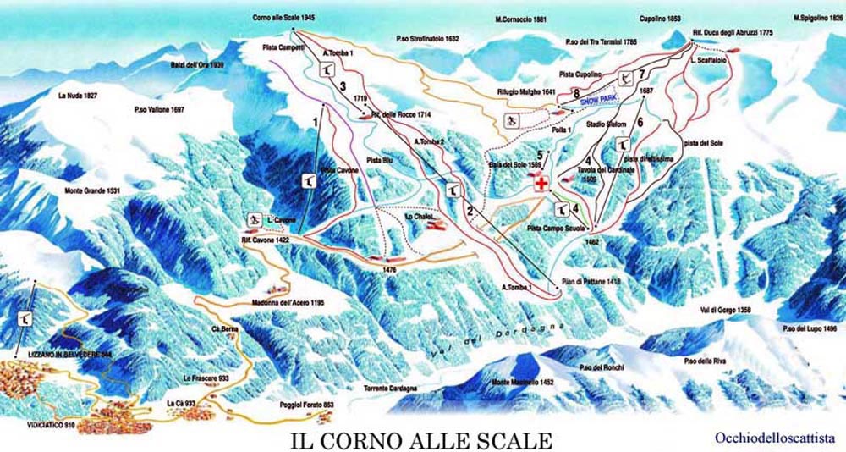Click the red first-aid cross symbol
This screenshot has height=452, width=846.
click(538, 182)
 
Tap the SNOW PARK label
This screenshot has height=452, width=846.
click(599, 99)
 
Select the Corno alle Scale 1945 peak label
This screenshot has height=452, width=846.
click(283, 18)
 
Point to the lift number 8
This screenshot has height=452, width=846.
click(575, 94)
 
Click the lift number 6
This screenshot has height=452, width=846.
click(640, 122)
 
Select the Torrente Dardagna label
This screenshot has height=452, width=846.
click(390, 388)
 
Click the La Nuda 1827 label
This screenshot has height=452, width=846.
click(79, 96)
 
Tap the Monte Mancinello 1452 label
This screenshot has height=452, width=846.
click(523, 383)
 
